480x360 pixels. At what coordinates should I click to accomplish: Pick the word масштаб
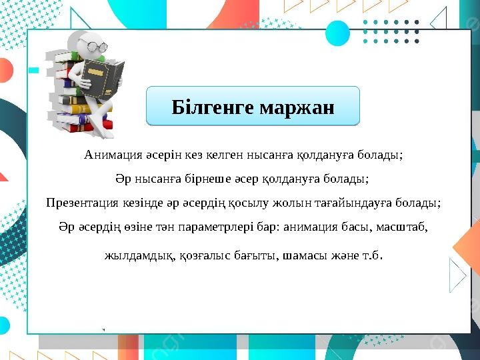(x=402, y=227)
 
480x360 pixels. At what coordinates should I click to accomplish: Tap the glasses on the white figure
(x=94, y=45)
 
